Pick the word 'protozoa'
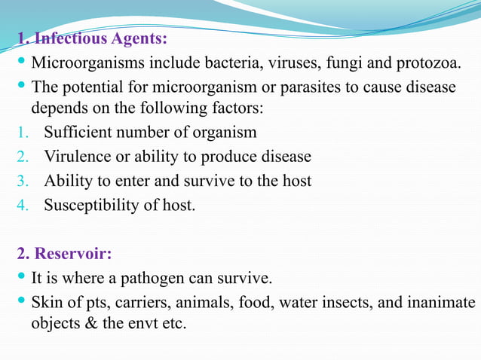click(x=426, y=61)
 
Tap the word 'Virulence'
click(x=77, y=157)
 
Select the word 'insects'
click(x=350, y=303)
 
